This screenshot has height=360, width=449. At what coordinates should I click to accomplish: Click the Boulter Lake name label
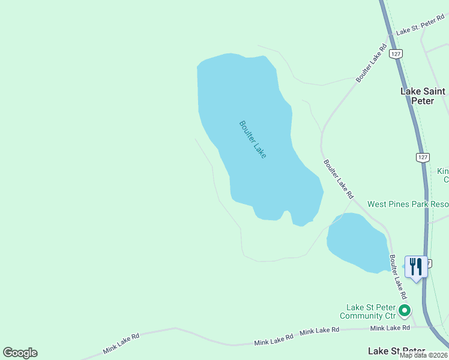(x=252, y=139)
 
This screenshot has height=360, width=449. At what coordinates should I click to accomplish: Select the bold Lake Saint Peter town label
(x=423, y=96)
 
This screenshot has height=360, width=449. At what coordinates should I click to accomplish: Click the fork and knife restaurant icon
(x=416, y=266)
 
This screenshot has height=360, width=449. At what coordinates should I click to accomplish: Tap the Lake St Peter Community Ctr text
(x=368, y=311)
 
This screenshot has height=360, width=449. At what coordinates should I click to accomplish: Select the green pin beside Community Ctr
(x=405, y=311)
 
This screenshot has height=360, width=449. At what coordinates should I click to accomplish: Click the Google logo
(x=20, y=353)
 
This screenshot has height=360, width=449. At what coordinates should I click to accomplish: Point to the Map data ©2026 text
(x=423, y=355)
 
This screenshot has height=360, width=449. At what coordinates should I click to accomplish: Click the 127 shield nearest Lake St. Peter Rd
(x=394, y=53)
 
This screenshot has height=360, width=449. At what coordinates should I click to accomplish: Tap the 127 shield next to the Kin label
(x=423, y=157)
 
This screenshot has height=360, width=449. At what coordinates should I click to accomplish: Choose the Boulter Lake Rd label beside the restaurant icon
(x=398, y=277)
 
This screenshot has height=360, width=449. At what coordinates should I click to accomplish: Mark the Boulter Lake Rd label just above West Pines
(x=339, y=179)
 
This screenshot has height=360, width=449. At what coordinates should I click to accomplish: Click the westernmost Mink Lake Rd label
(x=121, y=343)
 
